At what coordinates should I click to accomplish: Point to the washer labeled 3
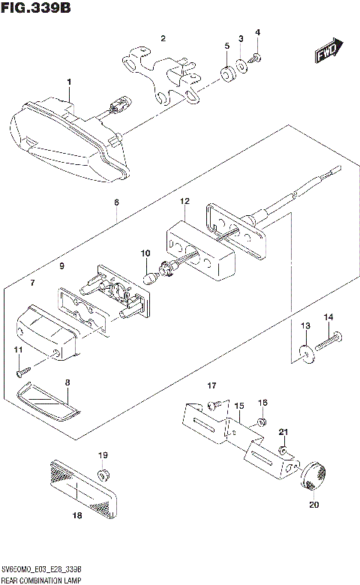[241, 65]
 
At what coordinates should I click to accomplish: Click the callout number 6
[116, 202]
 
